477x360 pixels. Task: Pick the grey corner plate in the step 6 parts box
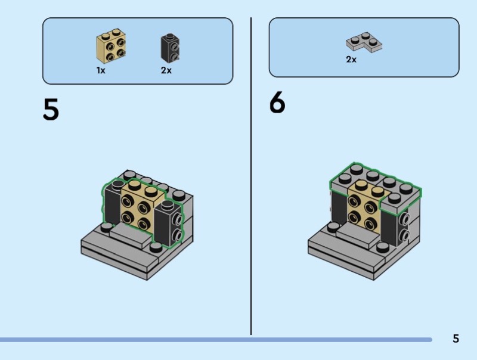(x=363, y=43)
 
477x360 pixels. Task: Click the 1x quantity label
(x=101, y=70)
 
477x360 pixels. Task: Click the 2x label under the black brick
(x=166, y=70)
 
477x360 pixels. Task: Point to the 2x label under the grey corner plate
(x=351, y=60)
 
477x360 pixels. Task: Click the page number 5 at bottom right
(x=456, y=339)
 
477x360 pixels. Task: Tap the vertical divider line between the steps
(x=251, y=179)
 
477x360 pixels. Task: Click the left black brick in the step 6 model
(x=339, y=206)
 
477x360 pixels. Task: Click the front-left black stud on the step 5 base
(x=107, y=227)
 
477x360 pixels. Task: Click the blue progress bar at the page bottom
(x=215, y=340)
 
